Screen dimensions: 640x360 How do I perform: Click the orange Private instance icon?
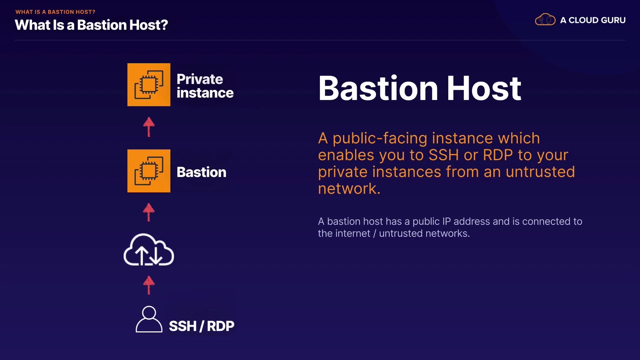(x=149, y=85)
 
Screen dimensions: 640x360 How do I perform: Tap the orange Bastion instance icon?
(x=149, y=171)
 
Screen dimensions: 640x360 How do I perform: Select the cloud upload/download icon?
(x=149, y=250)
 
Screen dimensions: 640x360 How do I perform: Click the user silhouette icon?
(x=149, y=319)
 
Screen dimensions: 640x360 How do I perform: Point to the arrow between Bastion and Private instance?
(x=149, y=127)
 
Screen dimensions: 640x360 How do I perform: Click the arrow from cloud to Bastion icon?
(x=149, y=212)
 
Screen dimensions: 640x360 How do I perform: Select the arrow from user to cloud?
(x=149, y=285)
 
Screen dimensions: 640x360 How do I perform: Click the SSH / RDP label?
(x=202, y=326)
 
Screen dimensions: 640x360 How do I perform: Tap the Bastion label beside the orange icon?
(x=201, y=172)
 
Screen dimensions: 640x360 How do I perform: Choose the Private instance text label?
(x=205, y=86)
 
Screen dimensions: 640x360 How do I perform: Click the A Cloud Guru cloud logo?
(x=545, y=19)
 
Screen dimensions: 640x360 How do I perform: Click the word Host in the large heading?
(x=484, y=88)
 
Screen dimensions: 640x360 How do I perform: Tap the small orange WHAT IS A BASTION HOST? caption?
(x=55, y=12)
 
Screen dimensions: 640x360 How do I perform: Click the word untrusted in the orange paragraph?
(x=540, y=172)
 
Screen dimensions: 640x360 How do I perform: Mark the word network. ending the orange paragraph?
(x=349, y=189)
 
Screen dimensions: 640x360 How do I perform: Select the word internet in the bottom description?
(x=353, y=233)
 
